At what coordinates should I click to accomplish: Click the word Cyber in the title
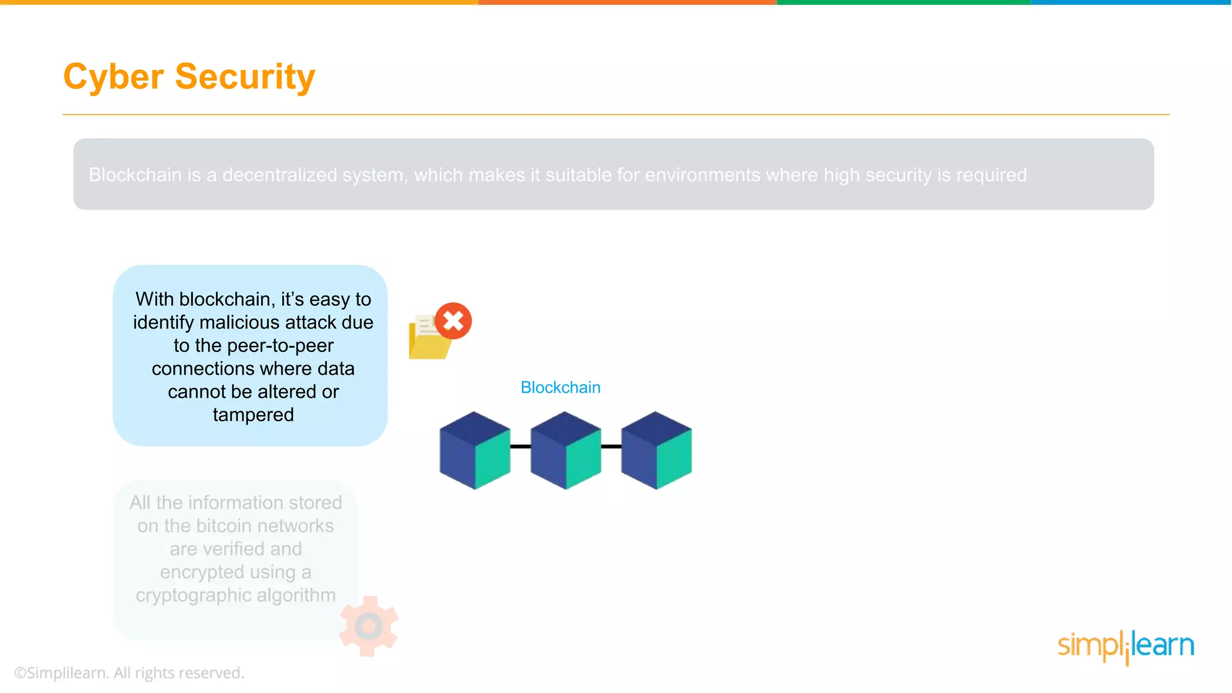tap(114, 77)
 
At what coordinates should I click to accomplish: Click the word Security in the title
tap(245, 77)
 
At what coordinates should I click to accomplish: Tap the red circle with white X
tap(454, 321)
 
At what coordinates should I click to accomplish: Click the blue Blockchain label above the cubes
tap(560, 387)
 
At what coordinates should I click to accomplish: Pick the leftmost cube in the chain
tap(475, 451)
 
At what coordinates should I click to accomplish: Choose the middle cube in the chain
tap(565, 451)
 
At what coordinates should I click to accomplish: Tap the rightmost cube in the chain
tap(656, 451)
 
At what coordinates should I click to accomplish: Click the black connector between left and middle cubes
tap(520, 446)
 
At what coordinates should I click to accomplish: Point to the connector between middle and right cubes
tap(611, 446)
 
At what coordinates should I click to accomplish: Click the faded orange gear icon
tap(369, 626)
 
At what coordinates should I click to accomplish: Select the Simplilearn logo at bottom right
tap(1126, 646)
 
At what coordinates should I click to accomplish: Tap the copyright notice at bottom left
tap(129, 673)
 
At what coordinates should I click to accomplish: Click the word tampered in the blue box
tap(253, 414)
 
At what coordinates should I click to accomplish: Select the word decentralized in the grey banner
tap(280, 175)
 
